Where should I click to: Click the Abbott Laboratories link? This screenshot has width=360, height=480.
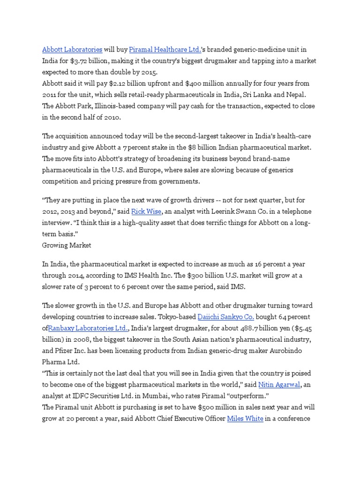point(72,49)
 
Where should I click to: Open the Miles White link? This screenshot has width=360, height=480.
point(245,419)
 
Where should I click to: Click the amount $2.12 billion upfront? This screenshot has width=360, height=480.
point(137,83)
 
